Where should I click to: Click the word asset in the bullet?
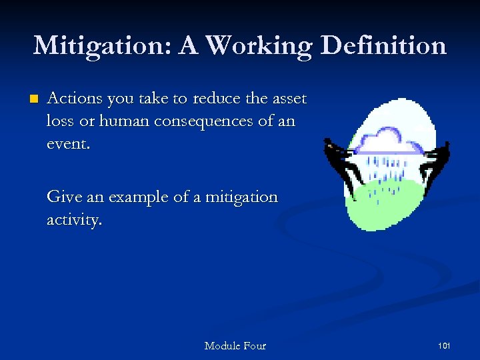click(290, 99)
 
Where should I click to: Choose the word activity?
click(73, 220)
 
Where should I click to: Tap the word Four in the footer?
click(255, 345)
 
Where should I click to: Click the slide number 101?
click(444, 345)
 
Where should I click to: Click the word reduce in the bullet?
click(216, 99)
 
